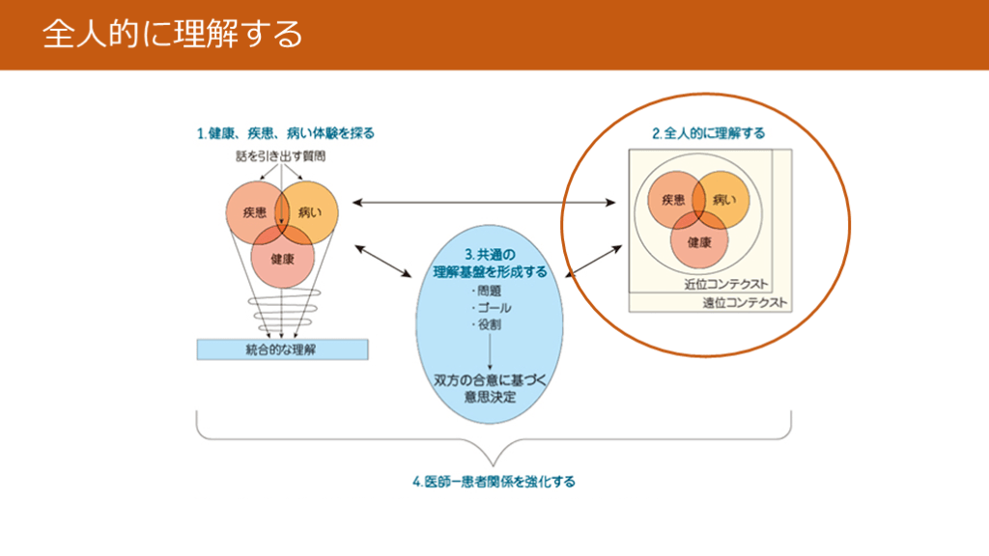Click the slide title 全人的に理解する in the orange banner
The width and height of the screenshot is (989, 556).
pyautogui.click(x=172, y=35)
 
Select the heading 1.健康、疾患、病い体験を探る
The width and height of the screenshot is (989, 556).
pyautogui.click(x=285, y=133)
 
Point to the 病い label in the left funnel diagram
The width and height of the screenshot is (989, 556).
pyautogui.click(x=308, y=211)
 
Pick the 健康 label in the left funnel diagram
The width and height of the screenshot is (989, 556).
pyautogui.click(x=282, y=259)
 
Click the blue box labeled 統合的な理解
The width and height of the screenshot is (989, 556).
pyautogui.click(x=282, y=348)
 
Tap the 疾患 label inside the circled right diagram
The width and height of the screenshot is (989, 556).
pyautogui.click(x=673, y=200)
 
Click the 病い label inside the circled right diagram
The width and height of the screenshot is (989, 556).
pyautogui.click(x=723, y=200)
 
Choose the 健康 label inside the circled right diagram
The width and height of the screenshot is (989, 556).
pyautogui.click(x=699, y=242)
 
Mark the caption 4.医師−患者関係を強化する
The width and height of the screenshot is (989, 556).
pyautogui.click(x=494, y=480)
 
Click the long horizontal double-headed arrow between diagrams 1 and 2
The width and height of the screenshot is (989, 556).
pyautogui.click(x=484, y=203)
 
